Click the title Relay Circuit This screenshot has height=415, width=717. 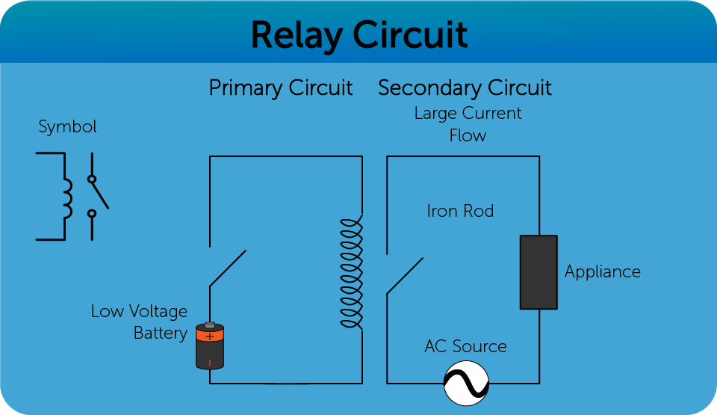359,34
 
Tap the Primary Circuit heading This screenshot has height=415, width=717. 280,88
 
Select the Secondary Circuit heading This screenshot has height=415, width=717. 465,88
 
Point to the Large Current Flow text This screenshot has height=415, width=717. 468,124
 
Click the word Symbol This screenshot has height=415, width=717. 68,127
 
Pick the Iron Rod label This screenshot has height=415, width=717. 460,212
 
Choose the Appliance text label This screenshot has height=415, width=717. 603,271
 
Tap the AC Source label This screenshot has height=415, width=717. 465,346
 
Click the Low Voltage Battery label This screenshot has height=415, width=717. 140,322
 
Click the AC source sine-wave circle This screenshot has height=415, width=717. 466,384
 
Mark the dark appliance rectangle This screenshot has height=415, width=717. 538,272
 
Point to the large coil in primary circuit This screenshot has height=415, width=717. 350,273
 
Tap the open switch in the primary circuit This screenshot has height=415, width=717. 227,268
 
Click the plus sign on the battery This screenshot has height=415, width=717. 210,336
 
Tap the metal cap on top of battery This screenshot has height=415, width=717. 210,325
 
